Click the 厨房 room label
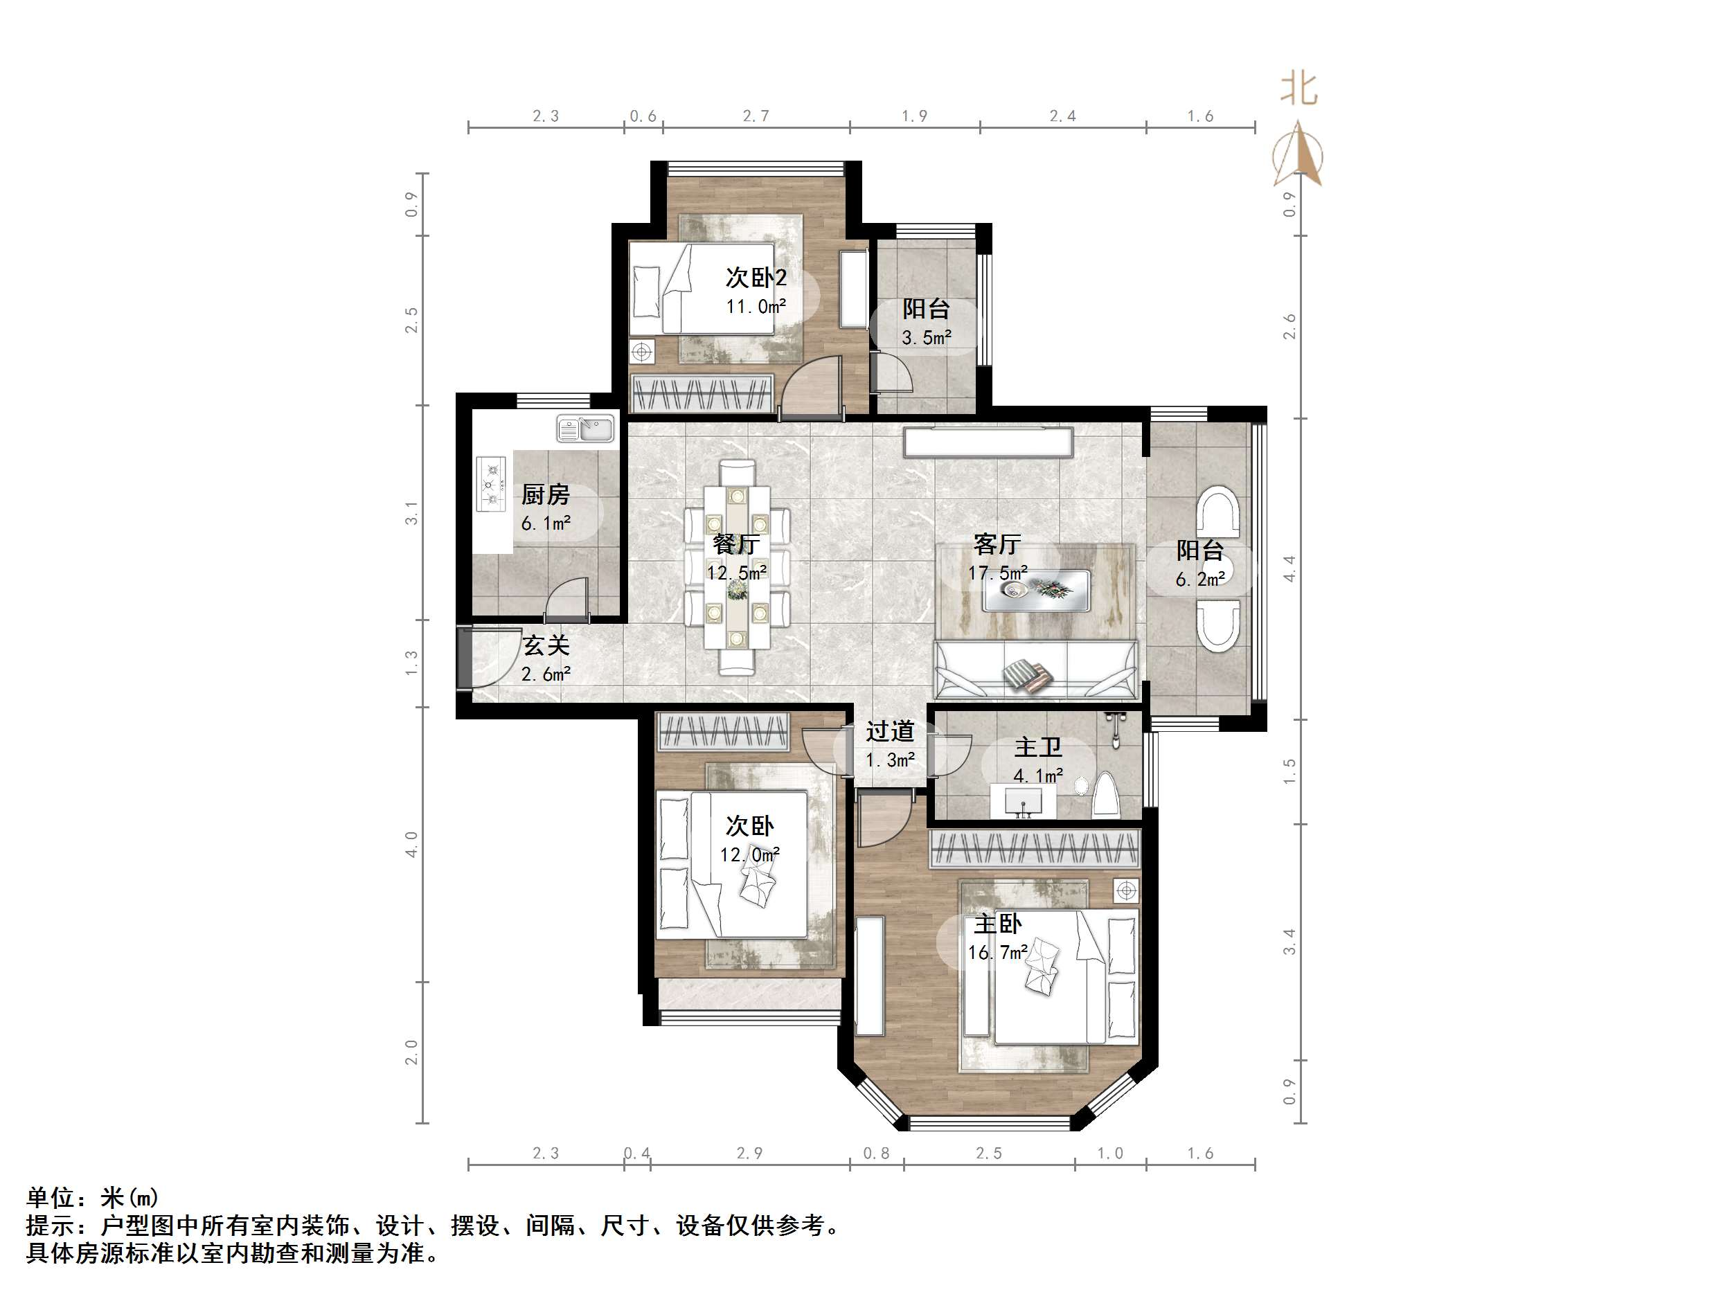click(x=545, y=494)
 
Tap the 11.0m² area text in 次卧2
click(x=756, y=307)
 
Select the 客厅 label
click(x=997, y=544)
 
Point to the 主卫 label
click(x=1037, y=748)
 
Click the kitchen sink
click(x=587, y=430)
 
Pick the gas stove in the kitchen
click(x=491, y=483)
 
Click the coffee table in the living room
click(x=1036, y=589)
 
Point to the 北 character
click(x=1298, y=89)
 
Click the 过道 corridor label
click(x=889, y=731)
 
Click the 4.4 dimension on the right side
click(x=1289, y=568)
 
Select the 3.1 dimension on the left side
click(x=411, y=512)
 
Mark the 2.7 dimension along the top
click(x=756, y=116)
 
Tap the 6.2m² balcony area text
click(x=1200, y=580)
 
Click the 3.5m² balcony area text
click(x=926, y=338)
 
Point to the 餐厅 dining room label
click(x=736, y=544)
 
